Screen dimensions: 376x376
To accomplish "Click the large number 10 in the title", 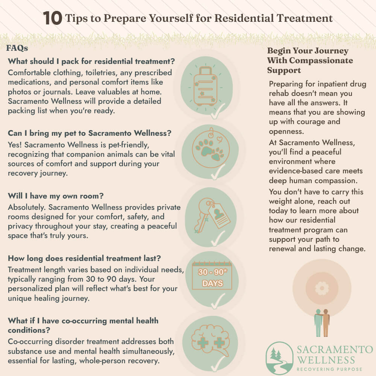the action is pyautogui.click(x=53, y=18).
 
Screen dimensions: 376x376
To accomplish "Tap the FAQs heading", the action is pyautogui.click(x=17, y=48).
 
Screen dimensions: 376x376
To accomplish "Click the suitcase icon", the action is pyautogui.click(x=206, y=86).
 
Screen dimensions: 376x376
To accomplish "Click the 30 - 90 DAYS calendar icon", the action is pyautogui.click(x=212, y=276).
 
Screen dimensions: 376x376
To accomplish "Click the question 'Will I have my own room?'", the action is pyautogui.click(x=56, y=196).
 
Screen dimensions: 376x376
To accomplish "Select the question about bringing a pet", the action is pyautogui.click(x=89, y=133).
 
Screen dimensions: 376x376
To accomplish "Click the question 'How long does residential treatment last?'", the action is pyautogui.click(x=84, y=258).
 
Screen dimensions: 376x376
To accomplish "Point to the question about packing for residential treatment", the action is pyautogui.click(x=91, y=61).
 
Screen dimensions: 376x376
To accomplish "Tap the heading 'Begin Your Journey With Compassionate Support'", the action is pyautogui.click(x=310, y=61).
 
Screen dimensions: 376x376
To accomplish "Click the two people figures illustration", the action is pyautogui.click(x=322, y=323).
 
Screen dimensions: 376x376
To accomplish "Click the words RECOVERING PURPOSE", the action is pyautogui.click(x=329, y=369).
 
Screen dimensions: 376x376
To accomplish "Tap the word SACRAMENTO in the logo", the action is pyautogui.click(x=335, y=350).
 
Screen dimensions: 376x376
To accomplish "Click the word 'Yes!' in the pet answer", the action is pyautogui.click(x=15, y=145).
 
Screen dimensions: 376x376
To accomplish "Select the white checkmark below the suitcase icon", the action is pyautogui.click(x=218, y=111).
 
